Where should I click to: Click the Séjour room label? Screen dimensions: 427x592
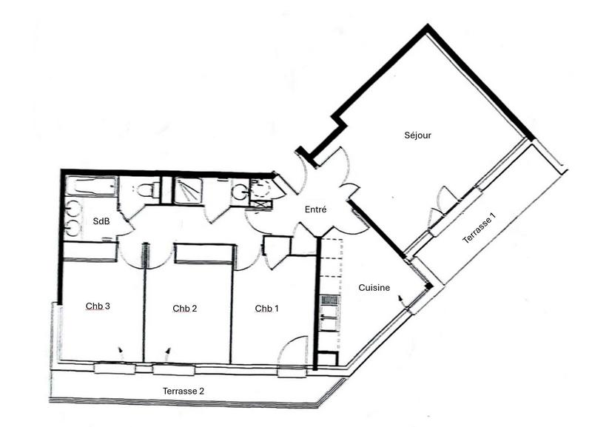tap(417, 135)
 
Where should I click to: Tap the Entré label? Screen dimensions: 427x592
tap(316, 210)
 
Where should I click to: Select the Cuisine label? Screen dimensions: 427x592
tap(374, 288)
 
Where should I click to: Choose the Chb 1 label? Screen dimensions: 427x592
tap(267, 308)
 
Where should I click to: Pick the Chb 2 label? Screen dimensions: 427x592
tap(184, 309)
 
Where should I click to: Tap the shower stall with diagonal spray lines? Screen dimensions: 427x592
tap(190, 190)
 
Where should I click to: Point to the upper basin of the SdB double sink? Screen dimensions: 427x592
tap(73, 209)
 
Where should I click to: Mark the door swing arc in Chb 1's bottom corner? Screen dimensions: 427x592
tap(293, 351)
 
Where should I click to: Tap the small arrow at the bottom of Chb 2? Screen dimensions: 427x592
tap(168, 350)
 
